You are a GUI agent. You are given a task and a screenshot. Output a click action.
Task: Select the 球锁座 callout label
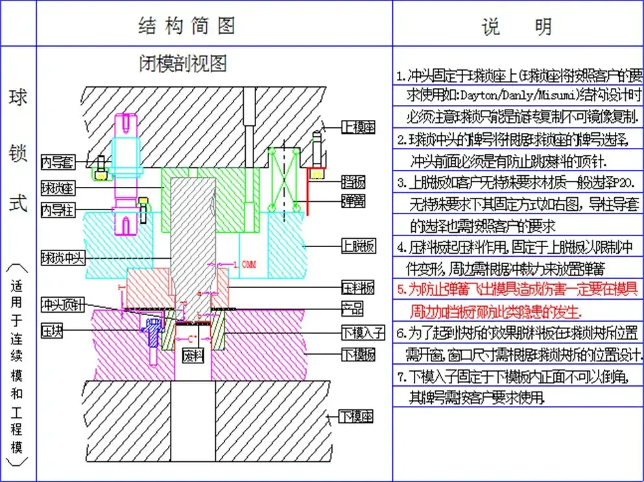(x=57, y=187)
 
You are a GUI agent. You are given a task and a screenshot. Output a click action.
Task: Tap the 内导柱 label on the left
(x=57, y=210)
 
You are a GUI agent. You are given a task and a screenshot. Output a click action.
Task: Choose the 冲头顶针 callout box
(x=63, y=304)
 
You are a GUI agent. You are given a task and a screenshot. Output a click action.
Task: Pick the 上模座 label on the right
(x=359, y=127)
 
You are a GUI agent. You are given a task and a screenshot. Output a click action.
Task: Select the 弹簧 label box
(x=353, y=200)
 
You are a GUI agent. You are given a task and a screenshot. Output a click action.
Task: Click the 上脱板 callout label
(x=359, y=245)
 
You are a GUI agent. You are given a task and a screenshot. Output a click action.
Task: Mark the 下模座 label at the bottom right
(x=357, y=416)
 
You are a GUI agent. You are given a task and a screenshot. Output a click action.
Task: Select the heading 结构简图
(x=187, y=25)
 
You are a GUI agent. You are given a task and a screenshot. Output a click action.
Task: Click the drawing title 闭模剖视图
(x=184, y=63)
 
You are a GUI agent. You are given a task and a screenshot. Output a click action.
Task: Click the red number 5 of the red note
(x=401, y=289)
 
